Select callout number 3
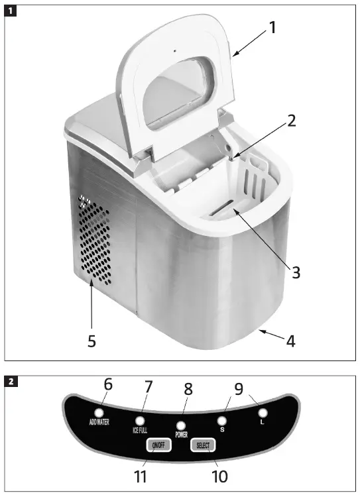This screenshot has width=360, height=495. click(x=296, y=272)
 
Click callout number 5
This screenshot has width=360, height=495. click(x=91, y=341)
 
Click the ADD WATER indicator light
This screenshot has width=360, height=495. click(x=99, y=413)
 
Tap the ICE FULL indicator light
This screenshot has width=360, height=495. click(x=140, y=421)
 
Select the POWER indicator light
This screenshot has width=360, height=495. click(x=180, y=426)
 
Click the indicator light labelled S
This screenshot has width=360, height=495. click(x=223, y=420)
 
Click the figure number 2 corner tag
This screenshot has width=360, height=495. click(x=11, y=382)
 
